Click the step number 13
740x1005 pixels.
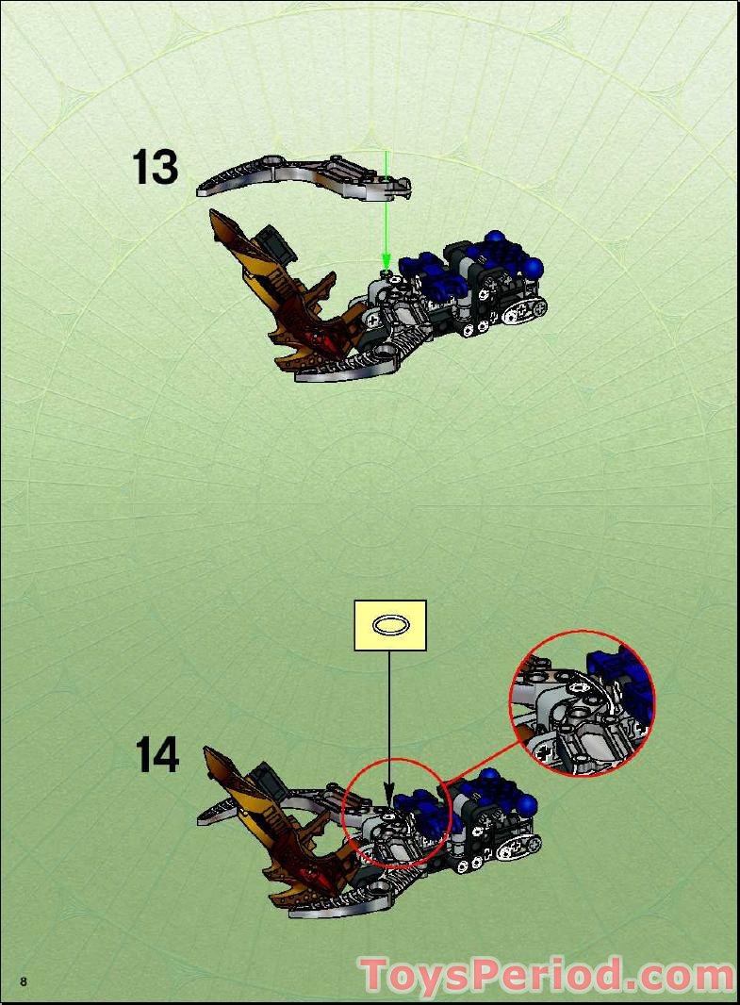pyautogui.click(x=155, y=168)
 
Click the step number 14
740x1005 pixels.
pyautogui.click(x=156, y=755)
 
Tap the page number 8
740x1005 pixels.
pyautogui.click(x=24, y=981)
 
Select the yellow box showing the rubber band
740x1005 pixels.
pyautogui.click(x=389, y=625)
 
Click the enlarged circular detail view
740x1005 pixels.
pyautogui.click(x=582, y=702)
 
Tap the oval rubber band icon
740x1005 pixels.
pyautogui.click(x=389, y=624)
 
